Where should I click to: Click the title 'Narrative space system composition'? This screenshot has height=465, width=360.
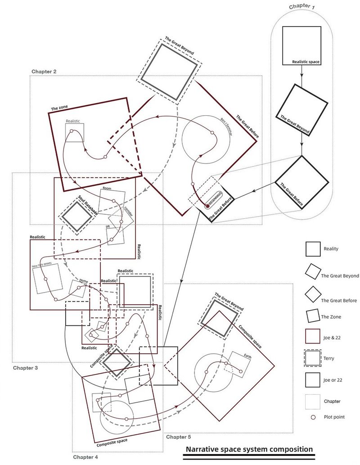point(249,449)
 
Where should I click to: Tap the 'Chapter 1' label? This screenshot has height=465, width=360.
point(302,6)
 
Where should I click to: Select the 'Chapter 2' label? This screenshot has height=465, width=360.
point(44,72)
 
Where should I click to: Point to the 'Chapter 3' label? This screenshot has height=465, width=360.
point(25,368)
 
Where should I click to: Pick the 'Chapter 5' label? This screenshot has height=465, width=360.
point(179,437)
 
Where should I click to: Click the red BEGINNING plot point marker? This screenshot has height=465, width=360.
point(207,206)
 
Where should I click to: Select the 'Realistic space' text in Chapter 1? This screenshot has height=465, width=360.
point(306,61)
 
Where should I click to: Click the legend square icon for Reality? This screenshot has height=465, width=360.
point(313,249)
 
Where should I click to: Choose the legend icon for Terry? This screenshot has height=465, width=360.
point(313,358)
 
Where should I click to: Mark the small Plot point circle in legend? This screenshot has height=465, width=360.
point(313,417)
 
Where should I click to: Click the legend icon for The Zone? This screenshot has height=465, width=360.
point(313,317)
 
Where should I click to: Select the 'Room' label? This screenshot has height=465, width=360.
point(107,188)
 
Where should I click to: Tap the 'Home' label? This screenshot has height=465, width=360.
point(84,281)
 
